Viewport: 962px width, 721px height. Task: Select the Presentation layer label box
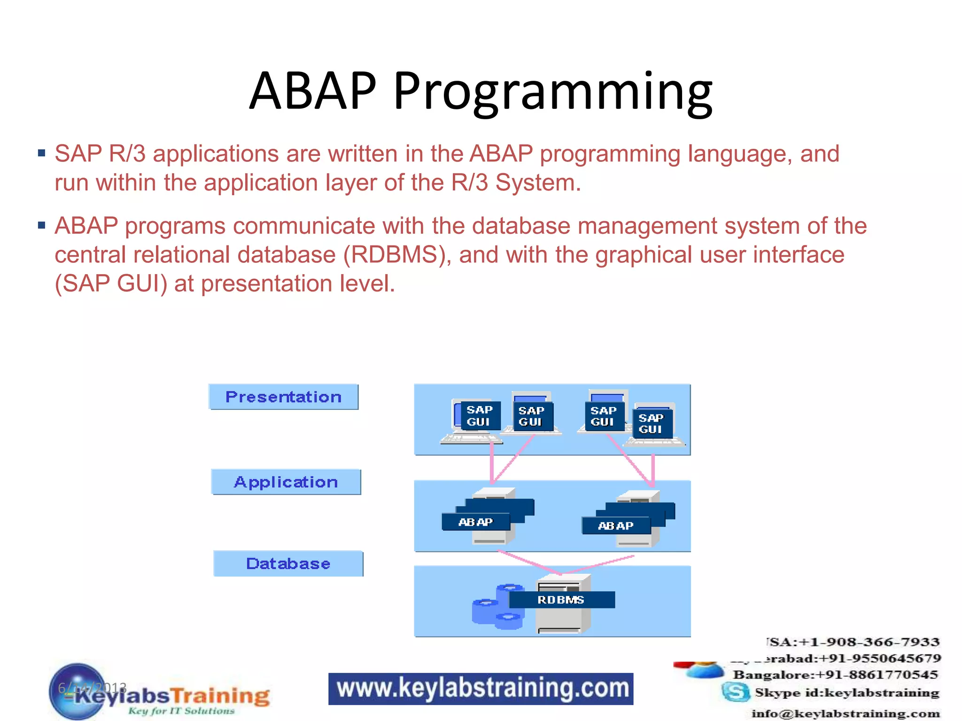[283, 397]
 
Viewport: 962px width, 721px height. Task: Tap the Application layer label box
[286, 482]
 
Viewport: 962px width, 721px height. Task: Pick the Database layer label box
[288, 564]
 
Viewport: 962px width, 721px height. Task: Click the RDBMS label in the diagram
[561, 600]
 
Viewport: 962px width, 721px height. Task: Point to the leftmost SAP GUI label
[479, 416]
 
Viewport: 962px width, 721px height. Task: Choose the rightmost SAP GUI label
[651, 423]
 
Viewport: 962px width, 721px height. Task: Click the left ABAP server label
[475, 522]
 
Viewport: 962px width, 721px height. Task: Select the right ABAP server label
[615, 526]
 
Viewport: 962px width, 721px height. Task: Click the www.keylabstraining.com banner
[481, 689]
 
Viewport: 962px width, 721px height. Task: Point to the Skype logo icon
[736, 692]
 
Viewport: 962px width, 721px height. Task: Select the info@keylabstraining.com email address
[846, 713]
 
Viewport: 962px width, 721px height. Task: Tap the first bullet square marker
[42, 153]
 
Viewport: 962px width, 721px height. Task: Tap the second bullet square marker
[42, 226]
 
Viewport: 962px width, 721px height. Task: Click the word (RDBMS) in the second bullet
[397, 255]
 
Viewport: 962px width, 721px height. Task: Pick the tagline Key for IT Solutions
[181, 711]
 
